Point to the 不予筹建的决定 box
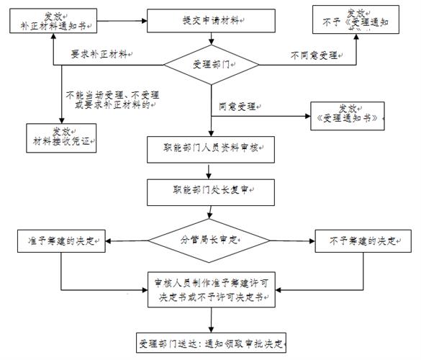coord(358,240)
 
